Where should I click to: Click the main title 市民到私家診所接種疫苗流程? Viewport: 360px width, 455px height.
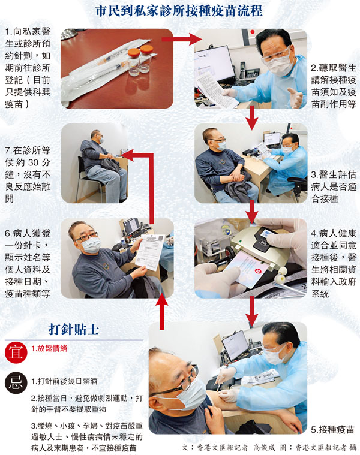179,10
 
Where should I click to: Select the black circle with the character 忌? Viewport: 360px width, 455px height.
16,382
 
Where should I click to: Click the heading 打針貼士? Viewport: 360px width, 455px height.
73,329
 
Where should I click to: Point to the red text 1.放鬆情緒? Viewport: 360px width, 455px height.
49,348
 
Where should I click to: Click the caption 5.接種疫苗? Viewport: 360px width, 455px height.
333,429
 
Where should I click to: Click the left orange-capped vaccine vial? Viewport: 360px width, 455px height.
134,62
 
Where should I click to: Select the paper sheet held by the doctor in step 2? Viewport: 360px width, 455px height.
215,89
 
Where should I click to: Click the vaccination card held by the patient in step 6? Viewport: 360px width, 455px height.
150,252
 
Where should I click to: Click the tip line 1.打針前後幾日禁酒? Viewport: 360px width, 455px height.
64,381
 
